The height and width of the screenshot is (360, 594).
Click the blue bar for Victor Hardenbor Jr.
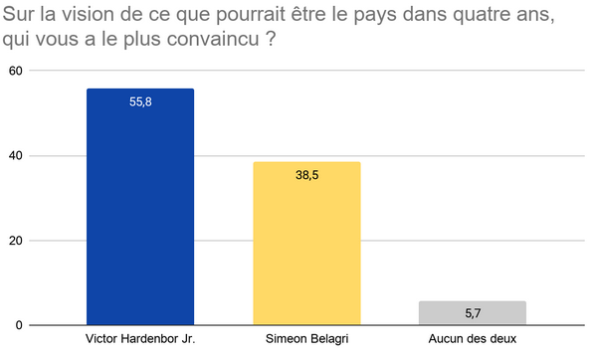tap(140, 207)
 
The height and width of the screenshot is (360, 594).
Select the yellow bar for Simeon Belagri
tap(306, 244)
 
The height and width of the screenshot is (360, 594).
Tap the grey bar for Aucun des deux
tap(473, 313)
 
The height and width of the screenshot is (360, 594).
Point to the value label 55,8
tap(140, 101)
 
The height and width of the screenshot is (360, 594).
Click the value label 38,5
tap(306, 175)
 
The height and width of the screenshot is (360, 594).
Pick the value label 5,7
tap(473, 313)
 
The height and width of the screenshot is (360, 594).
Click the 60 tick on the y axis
tap(16, 71)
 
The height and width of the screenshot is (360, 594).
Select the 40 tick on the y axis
tap(16, 155)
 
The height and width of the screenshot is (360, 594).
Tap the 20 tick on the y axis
tap(16, 241)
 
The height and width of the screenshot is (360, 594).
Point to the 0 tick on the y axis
tap(19, 325)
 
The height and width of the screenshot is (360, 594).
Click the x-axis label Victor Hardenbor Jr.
tap(140, 338)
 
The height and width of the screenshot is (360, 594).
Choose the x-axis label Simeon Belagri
tap(306, 339)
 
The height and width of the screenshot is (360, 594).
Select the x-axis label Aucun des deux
tap(473, 338)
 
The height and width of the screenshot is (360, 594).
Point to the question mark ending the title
tap(270, 39)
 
